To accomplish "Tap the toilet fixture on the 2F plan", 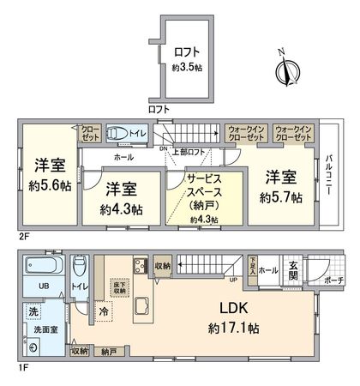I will [116, 134].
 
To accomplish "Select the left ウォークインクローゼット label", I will [247, 132].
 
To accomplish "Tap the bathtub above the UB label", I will [41, 265].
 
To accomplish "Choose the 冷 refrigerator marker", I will [104, 311].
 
